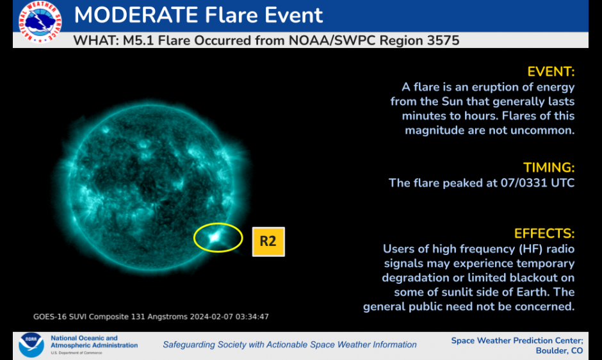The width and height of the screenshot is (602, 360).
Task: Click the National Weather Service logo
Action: point(40,22)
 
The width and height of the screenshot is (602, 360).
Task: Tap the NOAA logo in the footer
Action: point(31,345)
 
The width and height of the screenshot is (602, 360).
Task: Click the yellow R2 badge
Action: point(268,241)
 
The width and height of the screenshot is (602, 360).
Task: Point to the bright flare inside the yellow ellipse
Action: point(215,238)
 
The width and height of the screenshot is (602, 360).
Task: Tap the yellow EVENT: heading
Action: point(551,72)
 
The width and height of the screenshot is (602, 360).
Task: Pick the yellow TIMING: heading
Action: point(549,168)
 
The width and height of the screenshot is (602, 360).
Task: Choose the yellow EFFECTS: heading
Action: point(544,234)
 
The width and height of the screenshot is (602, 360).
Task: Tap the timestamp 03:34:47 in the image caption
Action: point(252,316)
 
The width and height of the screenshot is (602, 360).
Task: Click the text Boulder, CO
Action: point(559,351)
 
